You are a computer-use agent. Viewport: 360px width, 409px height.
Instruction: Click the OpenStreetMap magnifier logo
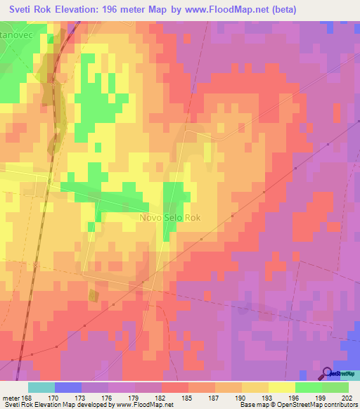click(x=327, y=374)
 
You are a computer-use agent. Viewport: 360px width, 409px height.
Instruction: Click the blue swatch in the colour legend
click(x=67, y=387)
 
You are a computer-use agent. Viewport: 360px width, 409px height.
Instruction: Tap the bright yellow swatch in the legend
click(x=282, y=387)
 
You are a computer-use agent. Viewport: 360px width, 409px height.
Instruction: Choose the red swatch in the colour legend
click(x=174, y=387)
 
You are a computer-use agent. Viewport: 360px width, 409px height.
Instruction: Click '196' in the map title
click(x=112, y=10)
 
